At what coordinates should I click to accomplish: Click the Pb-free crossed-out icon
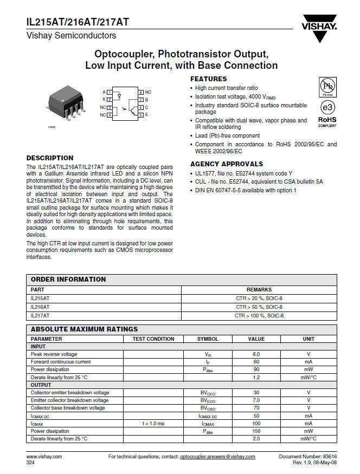click(x=327, y=86)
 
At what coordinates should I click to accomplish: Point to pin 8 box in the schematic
click(x=140, y=93)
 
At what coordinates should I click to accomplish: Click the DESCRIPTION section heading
click(x=50, y=158)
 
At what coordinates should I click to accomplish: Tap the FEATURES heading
click(x=209, y=79)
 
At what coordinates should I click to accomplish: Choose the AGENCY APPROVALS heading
click(x=227, y=164)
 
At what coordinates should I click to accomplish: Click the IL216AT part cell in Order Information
click(x=40, y=307)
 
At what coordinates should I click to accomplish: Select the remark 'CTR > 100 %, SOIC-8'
click(x=259, y=315)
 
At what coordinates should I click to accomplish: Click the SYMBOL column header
click(x=208, y=339)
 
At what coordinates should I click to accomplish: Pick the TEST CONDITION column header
click(x=153, y=339)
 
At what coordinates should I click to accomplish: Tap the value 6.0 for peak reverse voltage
click(x=256, y=354)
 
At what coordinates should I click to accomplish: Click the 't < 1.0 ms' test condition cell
click(x=153, y=423)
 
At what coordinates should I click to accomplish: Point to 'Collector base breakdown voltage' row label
click(x=68, y=408)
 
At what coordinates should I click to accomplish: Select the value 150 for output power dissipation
click(x=256, y=431)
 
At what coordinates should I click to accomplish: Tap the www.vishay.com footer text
click(x=44, y=457)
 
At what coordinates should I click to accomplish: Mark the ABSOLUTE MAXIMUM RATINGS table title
click(x=84, y=329)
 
